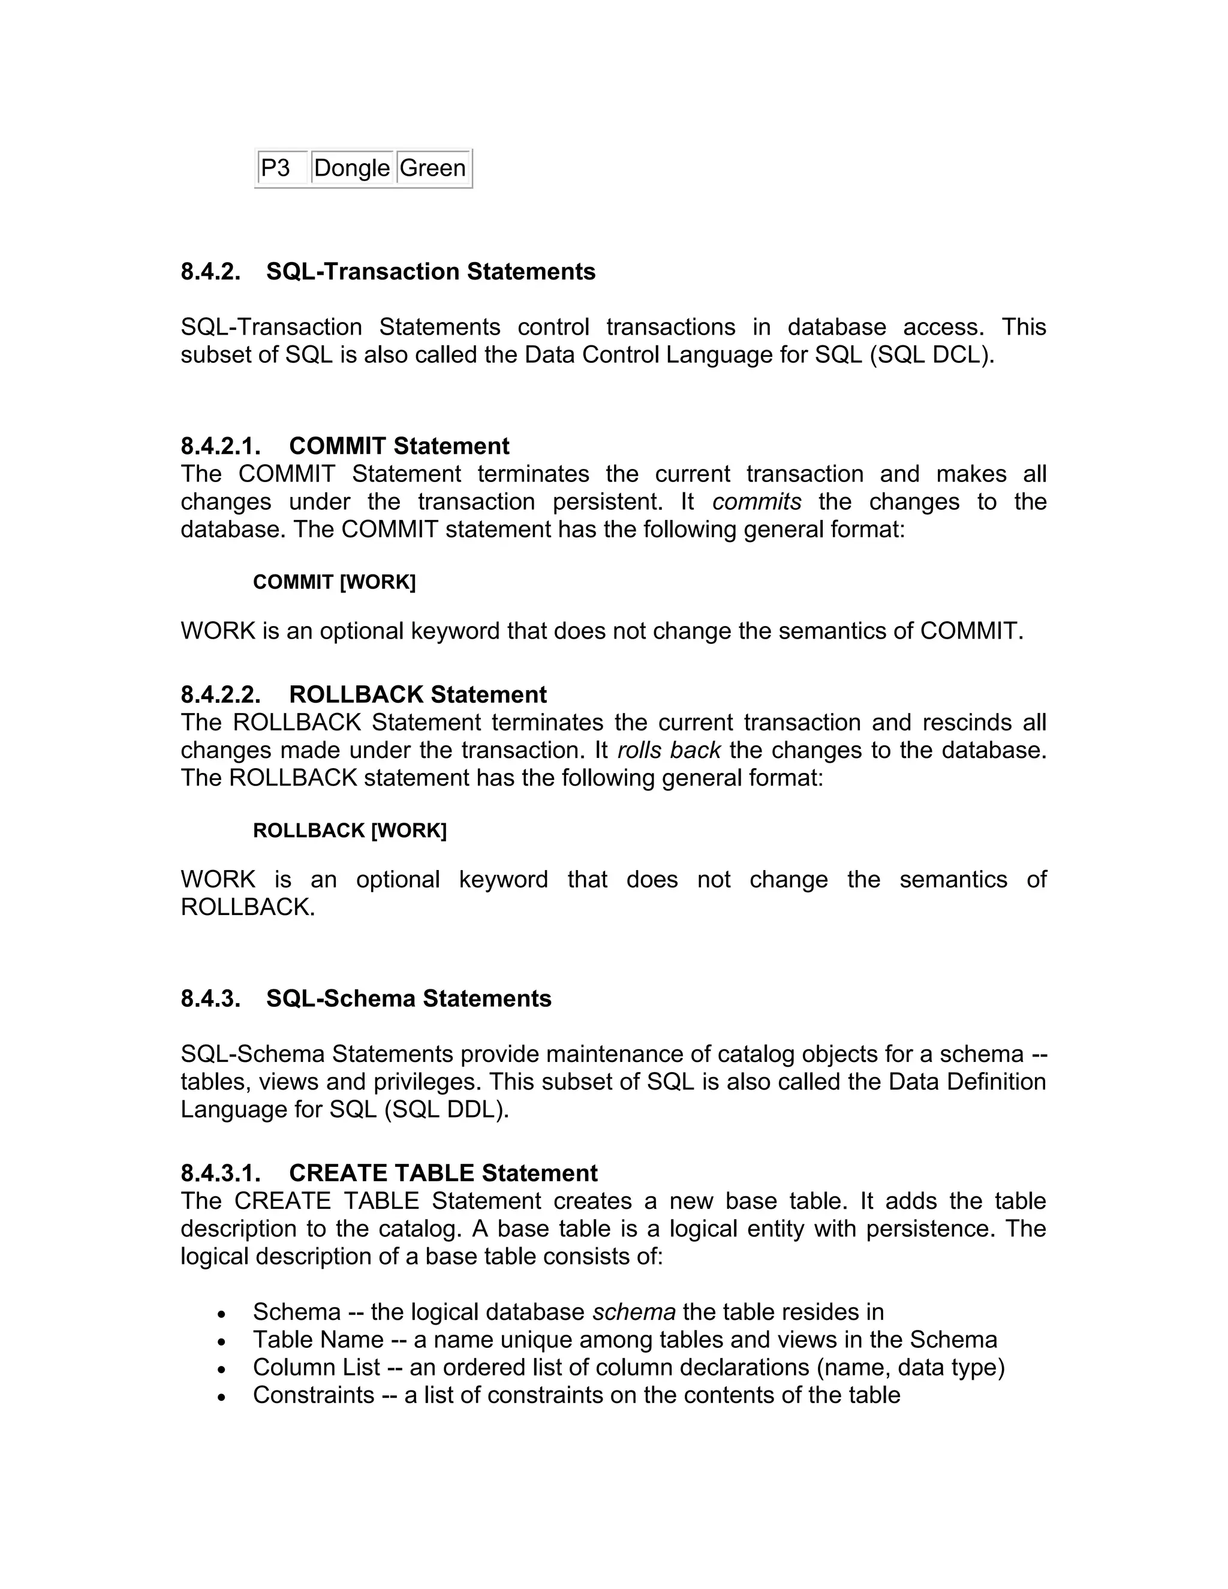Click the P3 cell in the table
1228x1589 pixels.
click(276, 168)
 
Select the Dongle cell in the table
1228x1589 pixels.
click(352, 168)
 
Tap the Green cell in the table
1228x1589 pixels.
click(433, 168)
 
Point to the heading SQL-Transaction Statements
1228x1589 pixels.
click(431, 272)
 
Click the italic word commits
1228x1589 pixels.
click(757, 502)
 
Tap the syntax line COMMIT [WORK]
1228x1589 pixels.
click(334, 582)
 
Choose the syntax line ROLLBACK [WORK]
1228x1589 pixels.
click(349, 831)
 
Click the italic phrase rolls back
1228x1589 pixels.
click(669, 750)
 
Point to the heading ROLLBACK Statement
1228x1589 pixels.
click(417, 695)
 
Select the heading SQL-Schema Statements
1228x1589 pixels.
click(409, 999)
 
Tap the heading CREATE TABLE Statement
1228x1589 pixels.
click(443, 1173)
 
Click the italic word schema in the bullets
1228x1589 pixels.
click(634, 1312)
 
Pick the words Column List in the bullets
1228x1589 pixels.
click(317, 1367)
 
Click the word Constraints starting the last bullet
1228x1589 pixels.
click(314, 1395)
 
